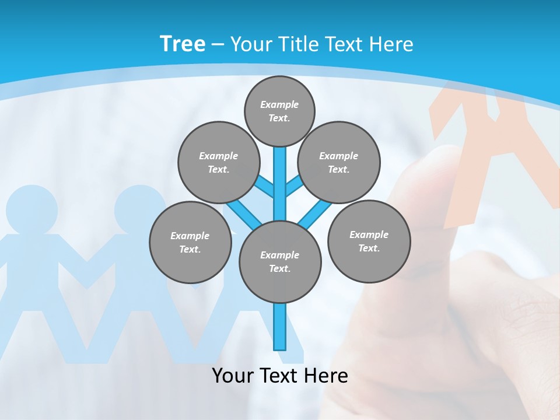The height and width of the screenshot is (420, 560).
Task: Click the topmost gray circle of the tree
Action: (x=279, y=111)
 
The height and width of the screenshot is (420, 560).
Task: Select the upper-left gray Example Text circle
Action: (x=218, y=162)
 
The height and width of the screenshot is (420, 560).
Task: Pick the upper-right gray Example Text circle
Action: (x=339, y=162)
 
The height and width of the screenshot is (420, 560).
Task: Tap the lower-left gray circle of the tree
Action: (x=190, y=242)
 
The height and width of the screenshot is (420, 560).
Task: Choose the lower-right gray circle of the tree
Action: (x=369, y=241)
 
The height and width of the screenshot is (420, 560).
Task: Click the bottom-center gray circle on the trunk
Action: (x=280, y=261)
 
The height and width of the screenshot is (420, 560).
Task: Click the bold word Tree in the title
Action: (x=183, y=44)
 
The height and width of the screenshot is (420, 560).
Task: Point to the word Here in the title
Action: (x=390, y=44)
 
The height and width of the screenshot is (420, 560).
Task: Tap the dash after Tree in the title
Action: (x=218, y=44)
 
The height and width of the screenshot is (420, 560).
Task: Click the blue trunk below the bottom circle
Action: (x=280, y=327)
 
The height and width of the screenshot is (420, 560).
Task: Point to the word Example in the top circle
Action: (x=279, y=104)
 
